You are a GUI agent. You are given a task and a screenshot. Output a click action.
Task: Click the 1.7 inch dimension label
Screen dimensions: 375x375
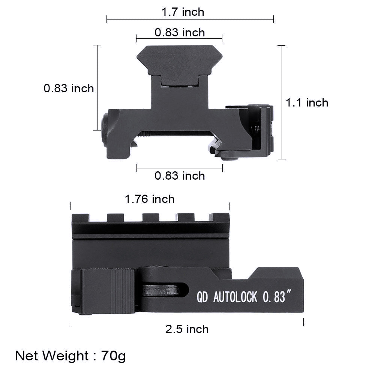tap(183, 12)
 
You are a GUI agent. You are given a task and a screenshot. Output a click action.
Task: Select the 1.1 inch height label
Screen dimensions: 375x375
tap(307, 103)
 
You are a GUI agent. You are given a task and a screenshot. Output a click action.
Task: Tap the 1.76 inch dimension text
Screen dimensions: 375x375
tap(150, 199)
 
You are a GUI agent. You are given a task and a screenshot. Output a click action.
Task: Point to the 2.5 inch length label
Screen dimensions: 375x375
tap(187, 329)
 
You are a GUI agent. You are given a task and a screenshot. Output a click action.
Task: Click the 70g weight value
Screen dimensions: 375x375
tap(113, 355)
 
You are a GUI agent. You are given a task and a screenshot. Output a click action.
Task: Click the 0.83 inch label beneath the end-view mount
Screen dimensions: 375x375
tap(180, 175)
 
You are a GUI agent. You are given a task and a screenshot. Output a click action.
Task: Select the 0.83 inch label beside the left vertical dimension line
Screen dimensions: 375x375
tap(69, 88)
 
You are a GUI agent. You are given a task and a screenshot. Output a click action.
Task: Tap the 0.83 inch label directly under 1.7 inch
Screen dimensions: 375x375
tap(180, 33)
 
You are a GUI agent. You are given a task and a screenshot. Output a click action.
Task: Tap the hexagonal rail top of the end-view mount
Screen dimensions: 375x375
tap(179, 60)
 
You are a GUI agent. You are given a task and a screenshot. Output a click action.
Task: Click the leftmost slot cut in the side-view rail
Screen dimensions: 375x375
tap(99, 217)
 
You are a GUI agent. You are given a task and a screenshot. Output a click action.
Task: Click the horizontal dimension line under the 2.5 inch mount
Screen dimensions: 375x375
tap(187, 321)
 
